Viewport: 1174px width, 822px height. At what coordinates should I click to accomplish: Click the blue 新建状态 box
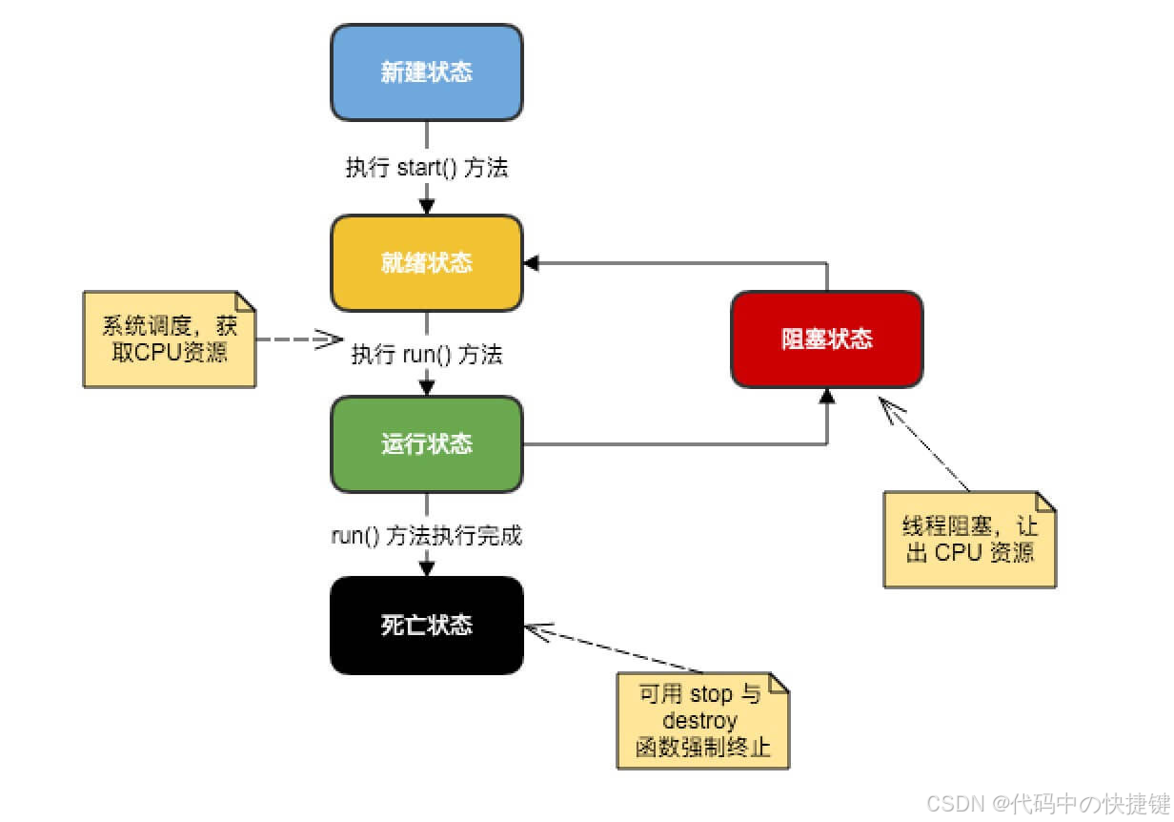click(x=426, y=72)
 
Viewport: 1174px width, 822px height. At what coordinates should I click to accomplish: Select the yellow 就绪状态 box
click(x=426, y=262)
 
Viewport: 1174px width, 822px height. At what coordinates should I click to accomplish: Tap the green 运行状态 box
click(x=426, y=444)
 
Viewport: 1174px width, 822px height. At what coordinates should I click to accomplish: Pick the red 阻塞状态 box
click(x=826, y=339)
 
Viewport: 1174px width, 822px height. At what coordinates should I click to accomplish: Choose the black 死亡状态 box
click(x=426, y=626)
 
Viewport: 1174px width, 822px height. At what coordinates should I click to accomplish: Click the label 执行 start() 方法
click(x=426, y=169)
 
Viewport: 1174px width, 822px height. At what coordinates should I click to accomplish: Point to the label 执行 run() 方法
click(x=427, y=355)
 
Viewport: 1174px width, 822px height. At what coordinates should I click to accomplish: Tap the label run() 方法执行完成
click(x=426, y=536)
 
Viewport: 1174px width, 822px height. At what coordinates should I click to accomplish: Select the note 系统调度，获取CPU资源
click(x=170, y=339)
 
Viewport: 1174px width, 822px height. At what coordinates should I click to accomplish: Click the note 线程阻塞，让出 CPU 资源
click(x=969, y=539)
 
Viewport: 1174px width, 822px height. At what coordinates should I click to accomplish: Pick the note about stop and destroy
click(x=703, y=721)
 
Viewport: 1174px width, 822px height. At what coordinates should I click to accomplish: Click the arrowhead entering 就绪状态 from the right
click(x=531, y=262)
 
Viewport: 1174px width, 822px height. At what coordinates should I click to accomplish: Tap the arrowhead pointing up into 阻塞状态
click(x=826, y=395)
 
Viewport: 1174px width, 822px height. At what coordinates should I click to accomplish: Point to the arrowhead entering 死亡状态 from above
click(x=426, y=568)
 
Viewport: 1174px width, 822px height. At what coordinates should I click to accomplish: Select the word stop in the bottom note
click(x=710, y=694)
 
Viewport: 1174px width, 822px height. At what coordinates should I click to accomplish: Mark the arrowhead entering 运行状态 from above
click(x=426, y=387)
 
